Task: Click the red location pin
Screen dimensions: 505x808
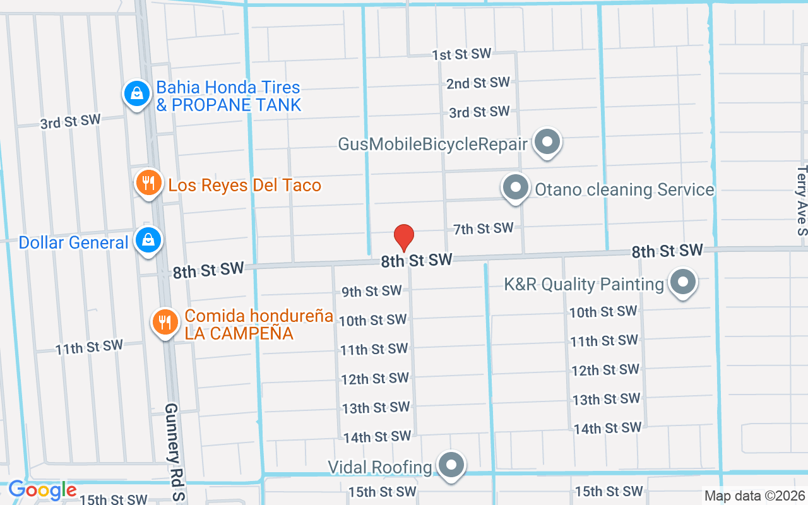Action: [404, 237]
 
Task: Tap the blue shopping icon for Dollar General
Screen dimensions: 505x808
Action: [148, 241]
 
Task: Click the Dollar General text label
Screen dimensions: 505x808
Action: [73, 242]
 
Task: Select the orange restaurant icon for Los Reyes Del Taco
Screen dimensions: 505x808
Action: [148, 184]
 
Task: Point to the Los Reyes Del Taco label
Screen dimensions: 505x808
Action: [245, 186]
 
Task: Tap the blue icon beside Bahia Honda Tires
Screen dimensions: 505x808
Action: [136, 94]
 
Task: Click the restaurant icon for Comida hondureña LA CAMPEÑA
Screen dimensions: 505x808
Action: [165, 322]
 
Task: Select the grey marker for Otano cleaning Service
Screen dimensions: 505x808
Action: [516, 187]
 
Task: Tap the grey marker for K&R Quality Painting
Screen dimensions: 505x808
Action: [682, 282]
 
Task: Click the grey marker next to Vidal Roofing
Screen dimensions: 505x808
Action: [451, 465]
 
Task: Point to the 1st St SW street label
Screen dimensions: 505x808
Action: [461, 55]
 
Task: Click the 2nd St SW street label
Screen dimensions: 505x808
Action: [478, 83]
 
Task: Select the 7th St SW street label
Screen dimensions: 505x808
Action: [483, 229]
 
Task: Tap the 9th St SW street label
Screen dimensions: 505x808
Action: [371, 291]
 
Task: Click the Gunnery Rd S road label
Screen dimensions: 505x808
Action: [175, 452]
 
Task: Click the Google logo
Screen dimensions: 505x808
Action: [42, 490]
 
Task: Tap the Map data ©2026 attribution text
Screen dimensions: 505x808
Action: [754, 496]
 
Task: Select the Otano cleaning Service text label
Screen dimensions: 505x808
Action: [624, 189]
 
